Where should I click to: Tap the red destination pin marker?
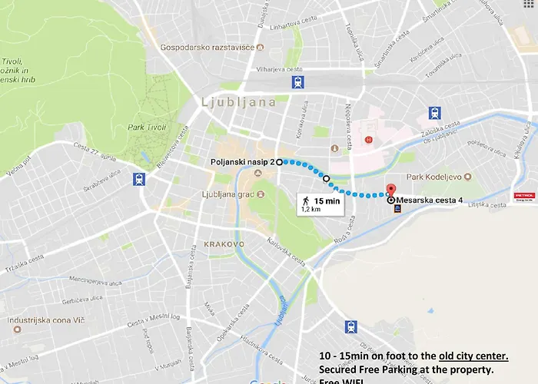pyautogui.click(x=390, y=190)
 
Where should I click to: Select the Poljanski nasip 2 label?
pyautogui.click(x=242, y=162)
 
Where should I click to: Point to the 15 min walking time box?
pyautogui.click(x=317, y=204)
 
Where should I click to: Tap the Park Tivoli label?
pyautogui.click(x=141, y=127)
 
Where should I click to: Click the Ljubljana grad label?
pyautogui.click(x=227, y=194)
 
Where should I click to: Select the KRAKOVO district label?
pyautogui.click(x=224, y=243)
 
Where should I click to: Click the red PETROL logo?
pyautogui.click(x=524, y=197)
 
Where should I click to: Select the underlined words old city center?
pyautogui.click(x=473, y=356)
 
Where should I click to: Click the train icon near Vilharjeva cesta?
pyautogui.click(x=297, y=82)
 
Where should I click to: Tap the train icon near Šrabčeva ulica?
pyautogui.click(x=139, y=179)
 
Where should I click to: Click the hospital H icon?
pyautogui.click(x=369, y=140)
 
